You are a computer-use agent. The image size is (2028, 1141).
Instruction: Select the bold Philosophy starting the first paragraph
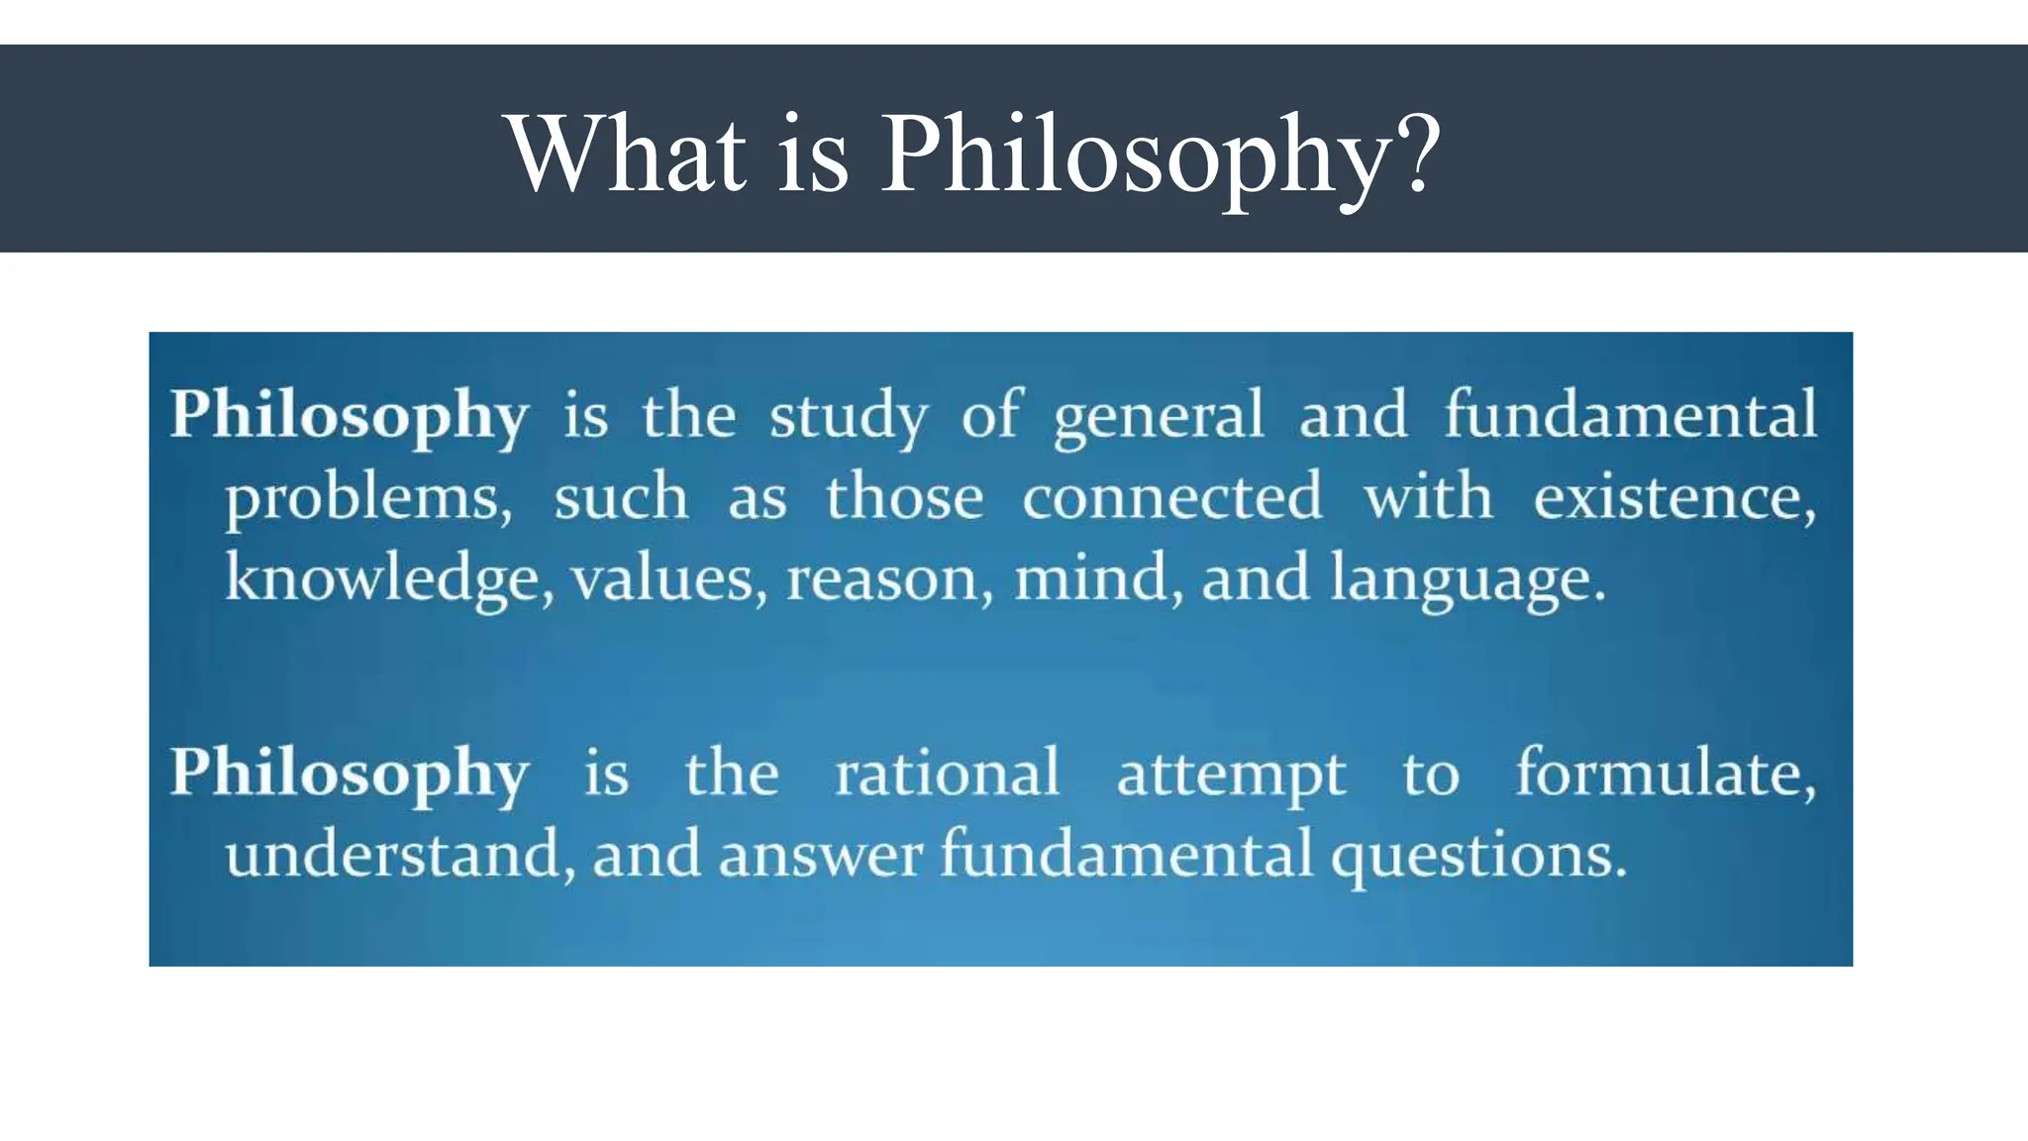tap(349, 416)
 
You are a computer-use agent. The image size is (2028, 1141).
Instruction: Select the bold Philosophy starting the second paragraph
tap(349, 775)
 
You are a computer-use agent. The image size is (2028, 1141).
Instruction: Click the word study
tap(849, 416)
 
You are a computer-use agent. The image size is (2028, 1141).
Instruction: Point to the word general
tap(1159, 416)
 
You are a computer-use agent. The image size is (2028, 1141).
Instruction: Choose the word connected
tap(1171, 496)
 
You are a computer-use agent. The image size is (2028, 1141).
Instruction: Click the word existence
tap(1673, 496)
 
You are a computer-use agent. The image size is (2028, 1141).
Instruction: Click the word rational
tap(947, 774)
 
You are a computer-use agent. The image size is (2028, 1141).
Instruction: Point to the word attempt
tap(1231, 776)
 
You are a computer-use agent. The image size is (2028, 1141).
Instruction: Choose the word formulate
tap(1666, 774)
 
